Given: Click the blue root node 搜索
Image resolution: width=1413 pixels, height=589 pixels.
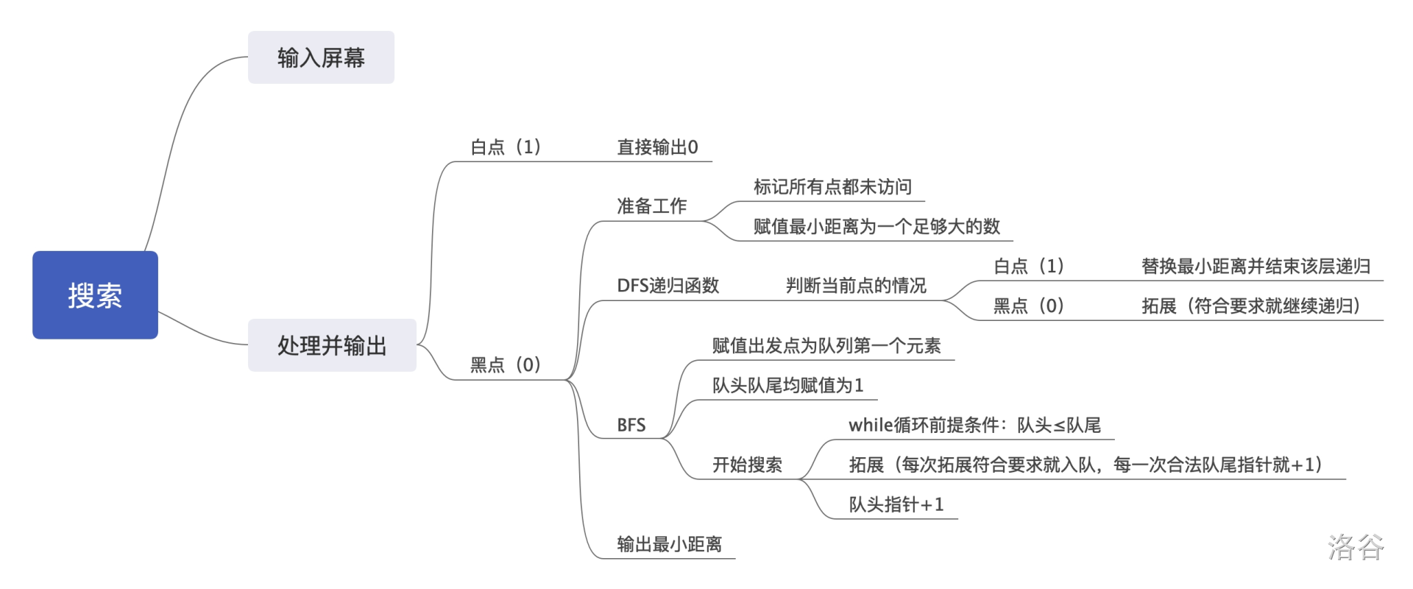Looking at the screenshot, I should pyautogui.click(x=95, y=294).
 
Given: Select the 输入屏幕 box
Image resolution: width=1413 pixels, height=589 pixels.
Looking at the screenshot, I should pyautogui.click(x=321, y=57).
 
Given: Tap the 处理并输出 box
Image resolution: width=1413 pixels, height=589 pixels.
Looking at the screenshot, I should pyautogui.click(x=332, y=345).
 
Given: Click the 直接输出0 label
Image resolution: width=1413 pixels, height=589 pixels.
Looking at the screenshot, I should pyautogui.click(x=657, y=147).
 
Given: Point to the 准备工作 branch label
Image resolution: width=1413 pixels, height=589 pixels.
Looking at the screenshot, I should pyautogui.click(x=651, y=206).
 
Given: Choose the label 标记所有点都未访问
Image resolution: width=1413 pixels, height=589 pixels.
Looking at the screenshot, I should pyautogui.click(x=832, y=187).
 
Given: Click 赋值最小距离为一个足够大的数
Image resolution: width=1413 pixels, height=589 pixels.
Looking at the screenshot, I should pyautogui.click(x=877, y=227).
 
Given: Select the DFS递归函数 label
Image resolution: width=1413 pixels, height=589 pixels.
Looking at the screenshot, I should pyautogui.click(x=667, y=286).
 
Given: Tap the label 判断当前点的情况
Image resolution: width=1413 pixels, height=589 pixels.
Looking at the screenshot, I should pyautogui.click(x=856, y=286).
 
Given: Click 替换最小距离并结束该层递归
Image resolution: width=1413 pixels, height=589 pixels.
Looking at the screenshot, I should pyautogui.click(x=1256, y=267).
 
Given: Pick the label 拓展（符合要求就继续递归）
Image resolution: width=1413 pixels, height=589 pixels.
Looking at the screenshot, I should pyautogui.click(x=1251, y=306).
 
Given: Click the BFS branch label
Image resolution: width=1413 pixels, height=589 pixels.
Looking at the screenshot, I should pyautogui.click(x=631, y=426).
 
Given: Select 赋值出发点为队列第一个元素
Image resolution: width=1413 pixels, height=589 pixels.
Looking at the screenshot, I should pyautogui.click(x=826, y=346).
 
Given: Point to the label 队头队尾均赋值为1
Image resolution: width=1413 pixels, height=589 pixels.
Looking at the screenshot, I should pyautogui.click(x=787, y=386).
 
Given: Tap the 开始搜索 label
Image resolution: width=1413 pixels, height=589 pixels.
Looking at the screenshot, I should pyautogui.click(x=747, y=465).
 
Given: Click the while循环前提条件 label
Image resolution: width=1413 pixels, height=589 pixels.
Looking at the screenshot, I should pyautogui.click(x=974, y=426).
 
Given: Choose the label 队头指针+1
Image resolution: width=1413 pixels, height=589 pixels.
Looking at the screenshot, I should pyautogui.click(x=896, y=505).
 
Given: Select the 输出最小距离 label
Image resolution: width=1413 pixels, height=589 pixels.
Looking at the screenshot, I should pyautogui.click(x=669, y=545).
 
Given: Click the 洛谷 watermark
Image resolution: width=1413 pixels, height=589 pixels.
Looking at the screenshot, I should pyautogui.click(x=1356, y=547).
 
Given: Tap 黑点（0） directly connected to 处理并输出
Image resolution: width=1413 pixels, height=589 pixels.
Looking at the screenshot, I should pyautogui.click(x=506, y=365).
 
